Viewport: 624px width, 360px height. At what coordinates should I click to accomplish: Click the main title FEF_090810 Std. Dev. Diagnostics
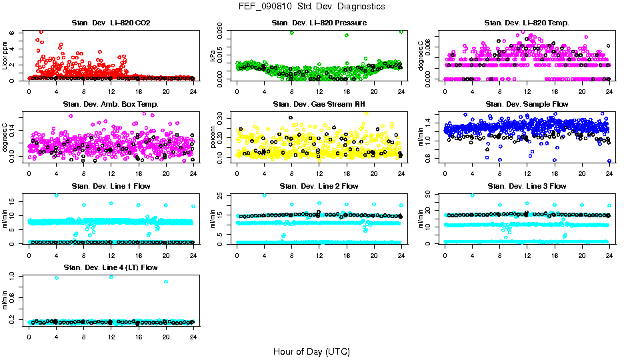[311, 7]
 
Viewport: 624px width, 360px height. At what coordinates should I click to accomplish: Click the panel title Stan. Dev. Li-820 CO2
[111, 23]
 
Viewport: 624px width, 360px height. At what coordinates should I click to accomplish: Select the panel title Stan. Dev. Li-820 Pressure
[319, 23]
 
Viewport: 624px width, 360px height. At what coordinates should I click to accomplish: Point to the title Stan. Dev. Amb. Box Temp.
[111, 105]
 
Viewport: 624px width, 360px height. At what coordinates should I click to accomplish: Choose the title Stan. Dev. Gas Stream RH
[319, 105]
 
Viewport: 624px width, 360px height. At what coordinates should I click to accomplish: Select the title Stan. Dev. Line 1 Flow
[111, 186]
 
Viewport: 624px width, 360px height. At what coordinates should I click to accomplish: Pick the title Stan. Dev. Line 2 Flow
[319, 186]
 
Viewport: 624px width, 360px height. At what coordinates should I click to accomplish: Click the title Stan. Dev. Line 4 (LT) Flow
[111, 267]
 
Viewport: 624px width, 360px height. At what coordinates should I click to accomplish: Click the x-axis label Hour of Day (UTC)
[311, 351]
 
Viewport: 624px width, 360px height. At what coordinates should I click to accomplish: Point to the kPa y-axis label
[213, 57]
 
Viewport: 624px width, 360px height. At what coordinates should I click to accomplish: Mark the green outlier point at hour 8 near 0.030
[291, 33]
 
